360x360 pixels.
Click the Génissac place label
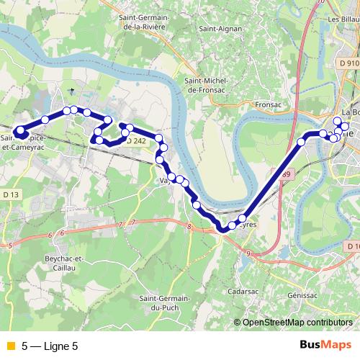[302, 295]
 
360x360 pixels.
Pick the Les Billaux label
[343, 19]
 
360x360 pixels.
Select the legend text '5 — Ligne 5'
[50, 346]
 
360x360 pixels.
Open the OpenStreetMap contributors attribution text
[296, 323]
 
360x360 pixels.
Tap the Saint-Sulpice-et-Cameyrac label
[22, 140]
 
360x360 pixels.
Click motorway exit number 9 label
[247, 254]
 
